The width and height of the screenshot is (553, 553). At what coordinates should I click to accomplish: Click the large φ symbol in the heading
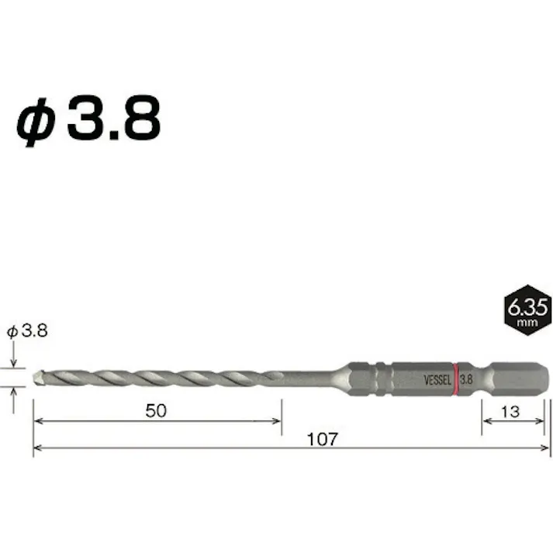tap(36, 120)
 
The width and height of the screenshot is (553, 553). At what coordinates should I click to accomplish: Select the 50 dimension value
tap(157, 411)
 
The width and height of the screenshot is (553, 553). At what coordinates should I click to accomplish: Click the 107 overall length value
tap(322, 439)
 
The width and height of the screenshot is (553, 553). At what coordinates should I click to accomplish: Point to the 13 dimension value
tap(510, 411)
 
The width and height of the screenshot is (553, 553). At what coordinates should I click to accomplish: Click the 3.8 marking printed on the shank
tap(467, 379)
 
